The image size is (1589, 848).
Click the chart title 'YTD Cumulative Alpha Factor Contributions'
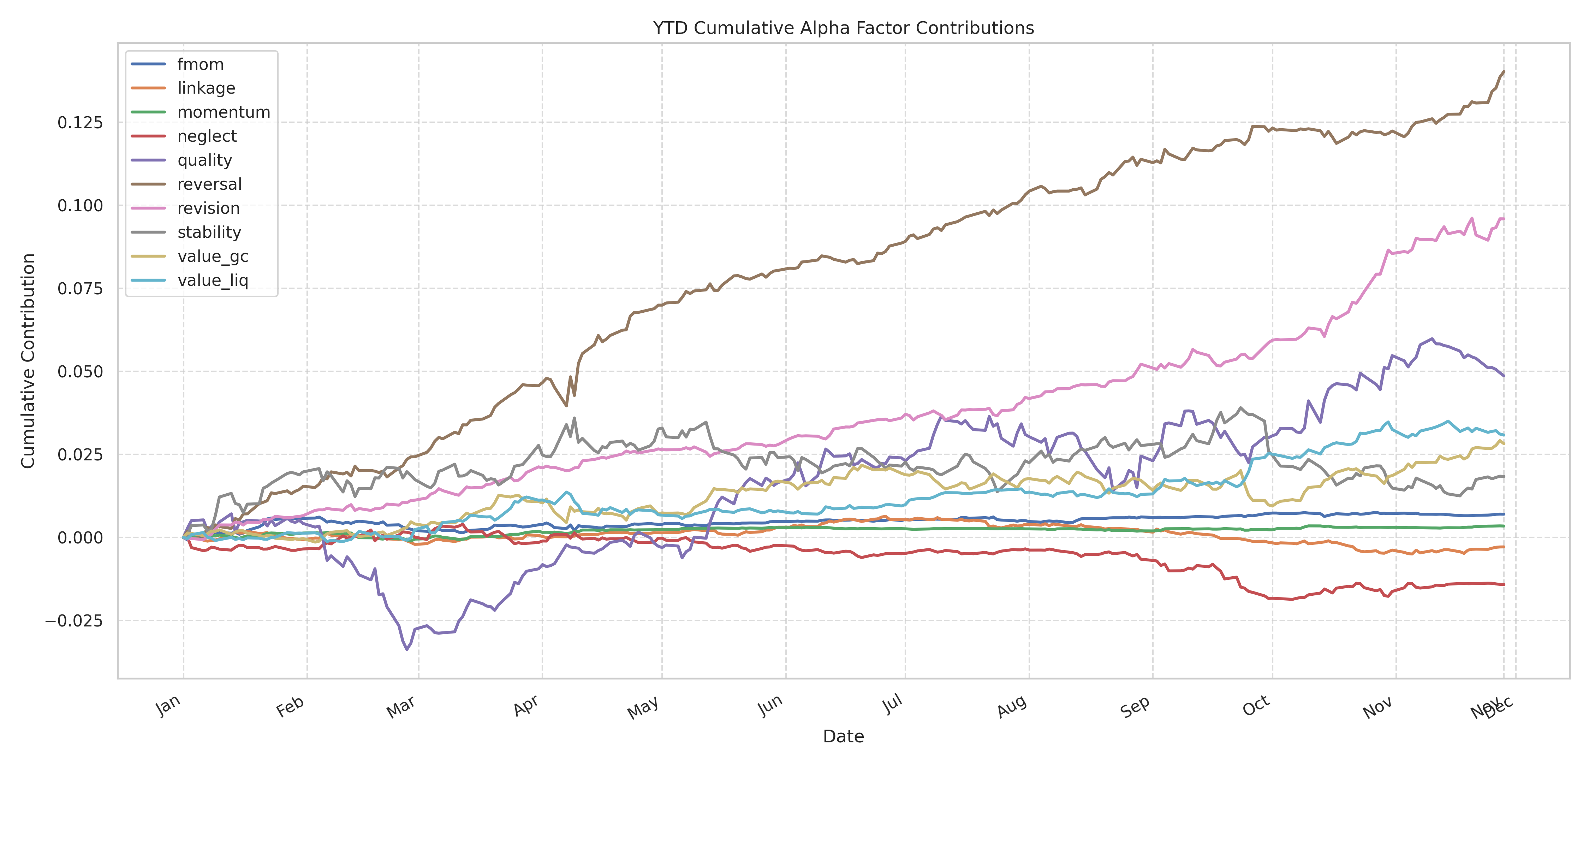pos(843,28)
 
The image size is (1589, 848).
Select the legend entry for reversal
pos(209,184)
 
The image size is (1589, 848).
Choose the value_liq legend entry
pos(212,280)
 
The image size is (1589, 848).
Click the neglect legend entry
pos(207,136)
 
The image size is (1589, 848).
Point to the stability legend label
pos(209,232)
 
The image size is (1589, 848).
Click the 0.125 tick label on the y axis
pos(80,122)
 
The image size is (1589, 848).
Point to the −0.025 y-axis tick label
pos(74,620)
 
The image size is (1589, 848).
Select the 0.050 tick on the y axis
pos(80,372)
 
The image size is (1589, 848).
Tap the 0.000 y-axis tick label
pos(80,537)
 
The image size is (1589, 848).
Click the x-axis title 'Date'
pos(843,736)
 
